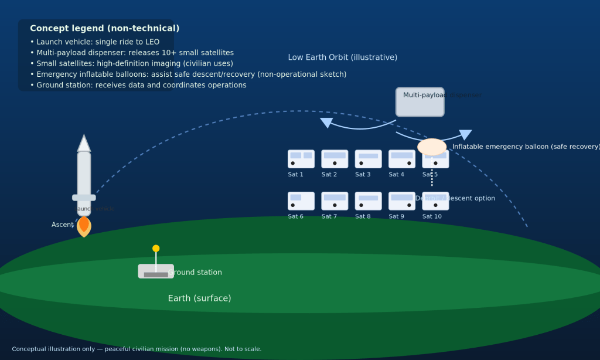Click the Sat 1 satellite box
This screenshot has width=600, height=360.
[x=301, y=159]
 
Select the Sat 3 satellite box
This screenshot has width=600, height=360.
[x=368, y=159]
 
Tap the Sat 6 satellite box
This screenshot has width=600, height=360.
[x=301, y=201]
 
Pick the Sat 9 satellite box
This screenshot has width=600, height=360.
[x=401, y=201]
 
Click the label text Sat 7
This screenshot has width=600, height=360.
[x=329, y=217]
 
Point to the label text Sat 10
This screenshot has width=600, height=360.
[x=432, y=217]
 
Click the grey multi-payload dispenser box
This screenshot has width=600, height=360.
[x=420, y=102]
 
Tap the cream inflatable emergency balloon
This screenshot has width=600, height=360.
[x=432, y=147]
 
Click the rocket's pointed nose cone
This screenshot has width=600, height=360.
[x=84, y=144]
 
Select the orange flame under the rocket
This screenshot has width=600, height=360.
[x=84, y=226]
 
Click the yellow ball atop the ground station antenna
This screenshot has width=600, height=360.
[x=156, y=248]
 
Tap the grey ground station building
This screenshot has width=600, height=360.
[x=156, y=271]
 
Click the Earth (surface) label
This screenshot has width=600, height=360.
[x=199, y=298]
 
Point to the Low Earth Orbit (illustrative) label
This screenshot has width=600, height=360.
[x=342, y=57]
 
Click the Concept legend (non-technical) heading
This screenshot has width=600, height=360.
[x=104, y=28]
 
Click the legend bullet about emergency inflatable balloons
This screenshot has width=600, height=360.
[x=188, y=74]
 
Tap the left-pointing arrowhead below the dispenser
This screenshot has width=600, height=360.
[x=326, y=123]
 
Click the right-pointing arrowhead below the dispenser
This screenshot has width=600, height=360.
[x=465, y=134]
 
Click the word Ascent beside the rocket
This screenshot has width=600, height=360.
[x=62, y=225]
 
